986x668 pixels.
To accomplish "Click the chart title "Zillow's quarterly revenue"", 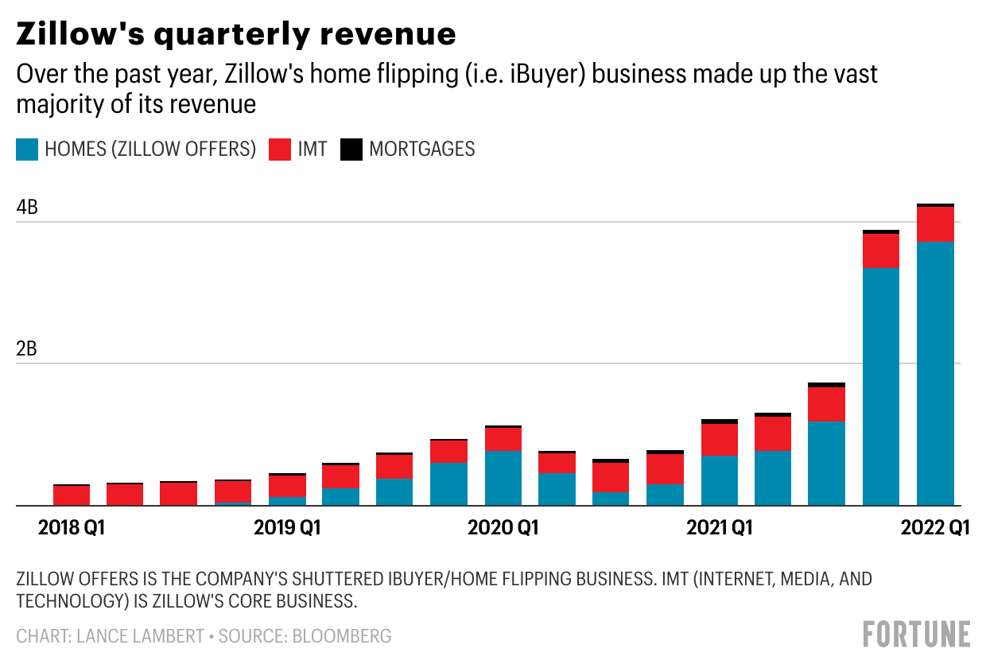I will [x=236, y=34].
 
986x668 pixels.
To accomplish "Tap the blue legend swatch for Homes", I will [x=27, y=150].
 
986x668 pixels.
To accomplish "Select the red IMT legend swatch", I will [x=280, y=150].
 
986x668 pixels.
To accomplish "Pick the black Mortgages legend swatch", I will [x=351, y=150].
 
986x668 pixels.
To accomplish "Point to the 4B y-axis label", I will [x=27, y=208].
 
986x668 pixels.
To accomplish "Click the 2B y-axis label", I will [x=27, y=350].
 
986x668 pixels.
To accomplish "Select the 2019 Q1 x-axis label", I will [x=287, y=527].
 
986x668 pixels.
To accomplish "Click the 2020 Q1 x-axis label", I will [x=503, y=527].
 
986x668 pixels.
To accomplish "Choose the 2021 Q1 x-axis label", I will [x=720, y=527].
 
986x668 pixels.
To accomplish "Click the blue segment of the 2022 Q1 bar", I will [x=935, y=374].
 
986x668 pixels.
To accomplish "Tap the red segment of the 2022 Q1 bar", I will [x=935, y=224].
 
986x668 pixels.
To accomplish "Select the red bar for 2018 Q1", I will [x=72, y=495].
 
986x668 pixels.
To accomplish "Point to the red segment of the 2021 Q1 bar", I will [x=720, y=440].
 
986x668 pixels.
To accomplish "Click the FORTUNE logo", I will [x=916, y=635].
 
